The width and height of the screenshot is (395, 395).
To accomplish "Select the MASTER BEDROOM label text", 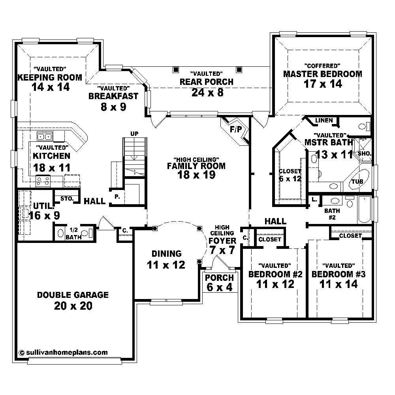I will tap(322, 74).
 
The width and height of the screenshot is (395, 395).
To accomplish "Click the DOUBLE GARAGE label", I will tap(73, 295).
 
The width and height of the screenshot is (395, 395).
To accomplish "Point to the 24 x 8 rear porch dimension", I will tap(207, 92).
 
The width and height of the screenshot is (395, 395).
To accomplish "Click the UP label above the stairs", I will tap(134, 134).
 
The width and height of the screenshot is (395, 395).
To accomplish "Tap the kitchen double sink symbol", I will tap(45, 137).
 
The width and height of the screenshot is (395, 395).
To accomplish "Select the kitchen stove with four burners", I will tap(43, 181).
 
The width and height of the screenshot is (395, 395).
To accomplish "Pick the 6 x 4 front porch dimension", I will tap(219, 288).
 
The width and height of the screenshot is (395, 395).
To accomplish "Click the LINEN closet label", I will tap(324, 120).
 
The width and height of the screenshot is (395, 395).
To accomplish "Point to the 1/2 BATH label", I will tap(73, 233).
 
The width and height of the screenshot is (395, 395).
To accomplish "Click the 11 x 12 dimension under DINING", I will tap(166, 265).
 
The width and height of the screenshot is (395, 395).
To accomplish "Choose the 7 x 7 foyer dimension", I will tap(222, 250).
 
